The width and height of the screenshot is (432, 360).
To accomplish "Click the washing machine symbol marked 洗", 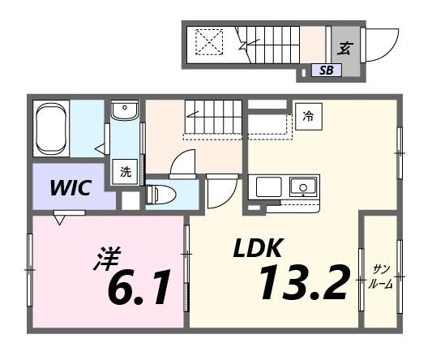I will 126,172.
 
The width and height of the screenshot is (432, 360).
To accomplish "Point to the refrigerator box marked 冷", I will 307,117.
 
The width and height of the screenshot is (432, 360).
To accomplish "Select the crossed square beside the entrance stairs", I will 209,42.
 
